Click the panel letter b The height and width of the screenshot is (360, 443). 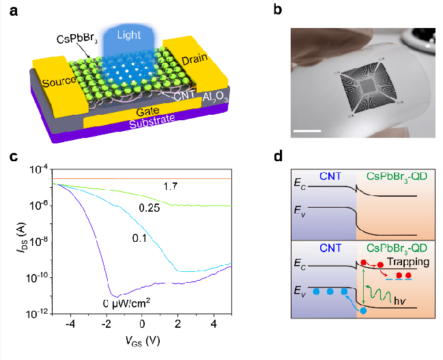tap(276, 10)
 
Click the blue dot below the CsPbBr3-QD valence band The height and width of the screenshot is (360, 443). tap(363, 311)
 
